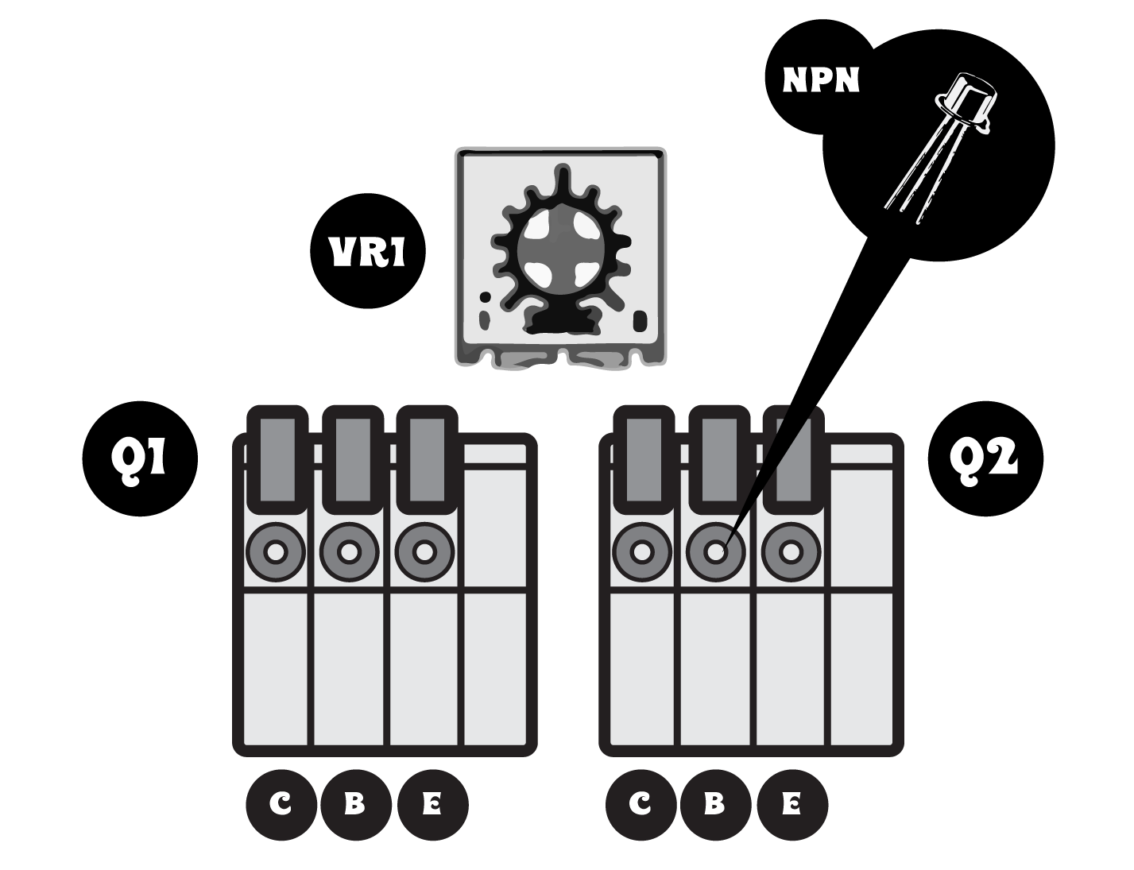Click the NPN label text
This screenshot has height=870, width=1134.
coord(821,80)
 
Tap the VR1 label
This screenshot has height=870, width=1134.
coord(367,253)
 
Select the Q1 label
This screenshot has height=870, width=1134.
coord(138,458)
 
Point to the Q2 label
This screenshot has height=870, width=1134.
coord(984,458)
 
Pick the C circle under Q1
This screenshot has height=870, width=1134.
coord(281,805)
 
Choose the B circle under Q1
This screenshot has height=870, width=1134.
coord(354,805)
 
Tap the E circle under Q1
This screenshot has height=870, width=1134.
coord(432,805)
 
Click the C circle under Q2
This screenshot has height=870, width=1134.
coord(640,805)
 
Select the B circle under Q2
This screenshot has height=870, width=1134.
coord(714,805)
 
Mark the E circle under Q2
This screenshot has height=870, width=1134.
coord(791,805)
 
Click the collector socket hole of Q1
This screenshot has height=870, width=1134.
coord(276,551)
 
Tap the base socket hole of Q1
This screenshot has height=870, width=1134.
coord(350,551)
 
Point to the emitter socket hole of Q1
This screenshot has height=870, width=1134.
coord(424,551)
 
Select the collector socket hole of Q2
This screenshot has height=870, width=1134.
coord(642,551)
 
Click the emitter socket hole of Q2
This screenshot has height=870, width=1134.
coord(791,551)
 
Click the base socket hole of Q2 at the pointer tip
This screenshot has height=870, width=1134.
coord(716,551)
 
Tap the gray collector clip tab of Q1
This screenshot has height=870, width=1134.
coord(277,459)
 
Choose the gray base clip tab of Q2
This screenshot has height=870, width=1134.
coord(718,459)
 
